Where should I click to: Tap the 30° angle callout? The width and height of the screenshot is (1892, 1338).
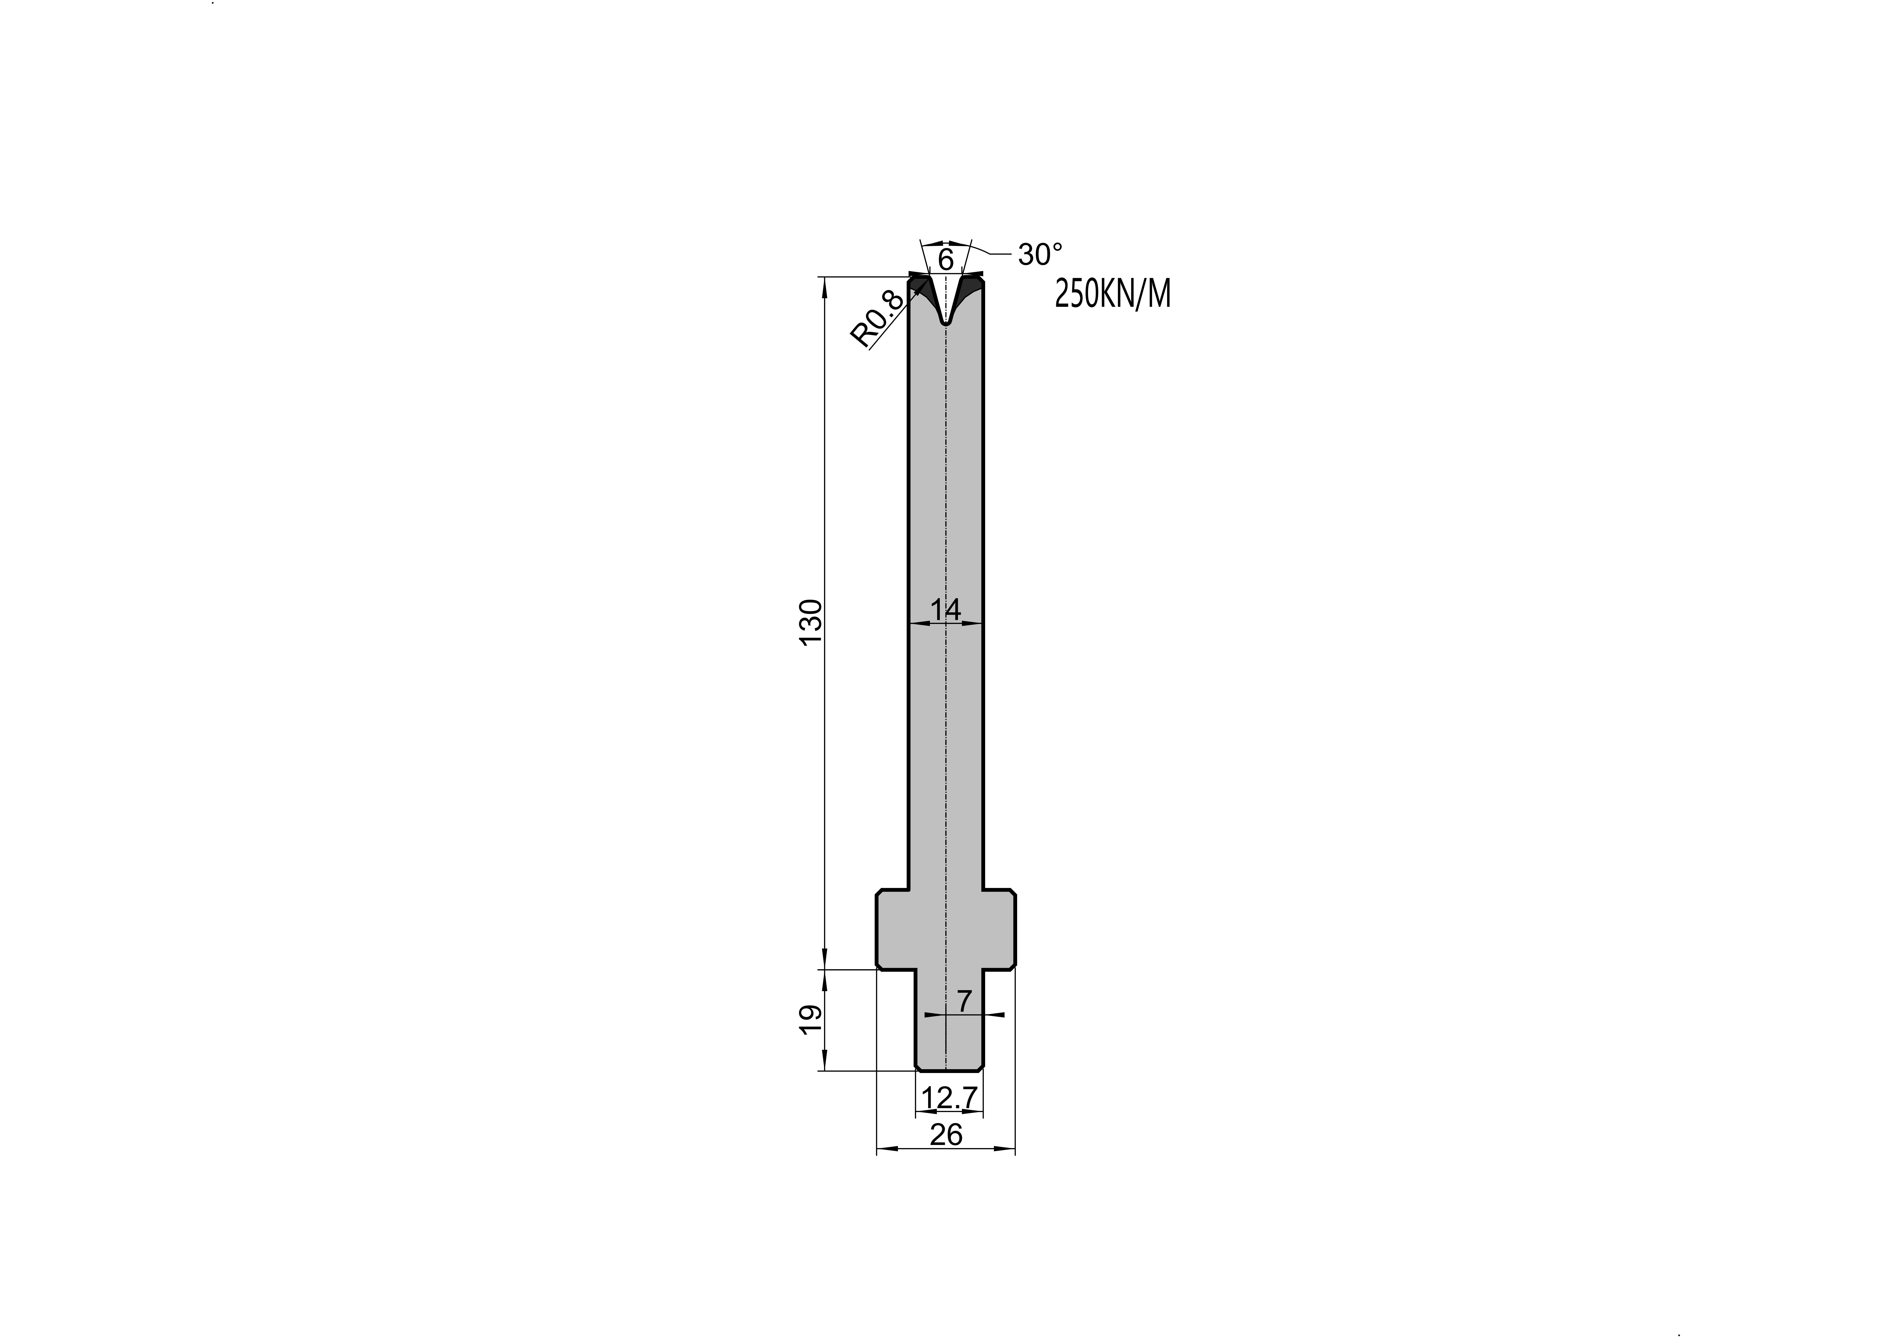pyautogui.click(x=1040, y=255)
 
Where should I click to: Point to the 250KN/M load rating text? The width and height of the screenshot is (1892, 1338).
pyautogui.click(x=1113, y=294)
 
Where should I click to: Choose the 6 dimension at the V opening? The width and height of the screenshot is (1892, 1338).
pyautogui.click(x=946, y=260)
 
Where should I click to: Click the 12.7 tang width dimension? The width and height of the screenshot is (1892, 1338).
pyautogui.click(x=950, y=1098)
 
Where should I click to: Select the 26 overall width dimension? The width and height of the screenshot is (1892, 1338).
pyautogui.click(x=946, y=1135)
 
